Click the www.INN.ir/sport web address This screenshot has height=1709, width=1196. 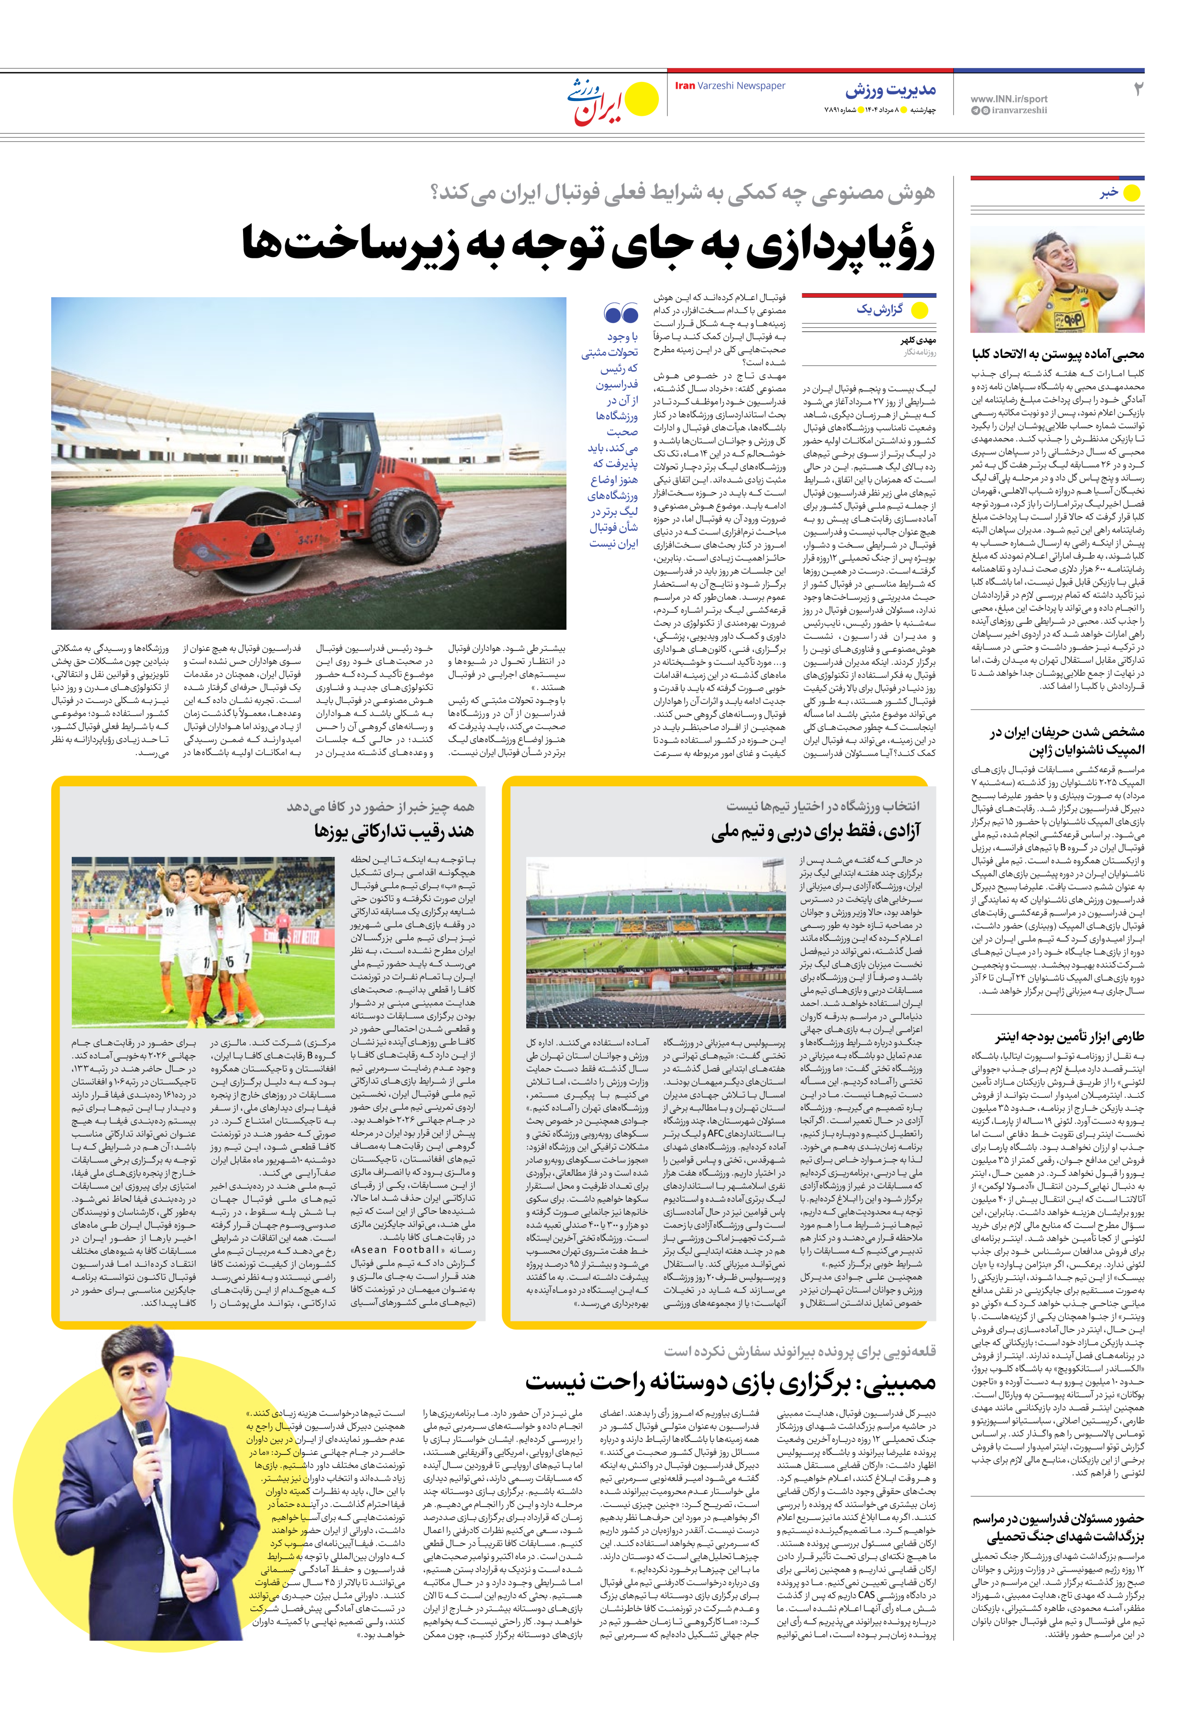click(1008, 98)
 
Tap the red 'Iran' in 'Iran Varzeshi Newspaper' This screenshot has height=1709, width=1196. click(685, 86)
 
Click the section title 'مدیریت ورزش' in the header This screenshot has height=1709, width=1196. click(890, 91)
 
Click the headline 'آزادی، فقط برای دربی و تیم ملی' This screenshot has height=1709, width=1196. click(816, 831)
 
